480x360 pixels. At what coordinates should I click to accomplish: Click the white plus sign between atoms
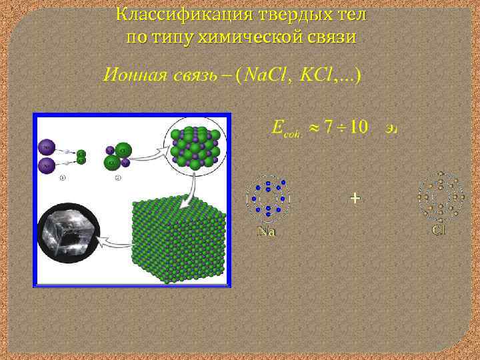click(355, 198)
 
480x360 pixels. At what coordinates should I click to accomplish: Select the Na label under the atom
click(267, 232)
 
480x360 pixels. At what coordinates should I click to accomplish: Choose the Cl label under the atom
click(438, 230)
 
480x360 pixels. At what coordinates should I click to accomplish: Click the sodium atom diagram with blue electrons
click(268, 199)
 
